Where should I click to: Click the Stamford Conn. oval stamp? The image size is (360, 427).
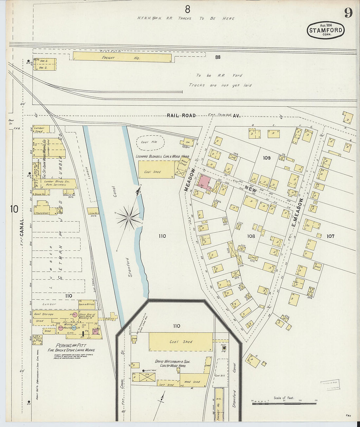(326, 30)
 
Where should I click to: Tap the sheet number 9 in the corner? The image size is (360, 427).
(348, 13)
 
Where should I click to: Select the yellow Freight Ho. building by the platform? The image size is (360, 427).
(122, 57)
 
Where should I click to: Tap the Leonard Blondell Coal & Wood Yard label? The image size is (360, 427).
(162, 156)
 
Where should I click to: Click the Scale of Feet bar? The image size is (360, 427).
(284, 404)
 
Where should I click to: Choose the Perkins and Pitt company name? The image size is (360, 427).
(71, 346)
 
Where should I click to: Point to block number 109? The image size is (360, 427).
(267, 158)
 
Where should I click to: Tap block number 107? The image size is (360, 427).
(330, 236)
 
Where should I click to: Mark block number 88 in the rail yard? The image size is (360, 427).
(218, 57)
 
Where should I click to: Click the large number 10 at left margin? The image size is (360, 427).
(14, 209)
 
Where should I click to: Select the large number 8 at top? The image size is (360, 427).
(187, 9)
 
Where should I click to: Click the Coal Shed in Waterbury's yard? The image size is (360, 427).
(181, 342)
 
